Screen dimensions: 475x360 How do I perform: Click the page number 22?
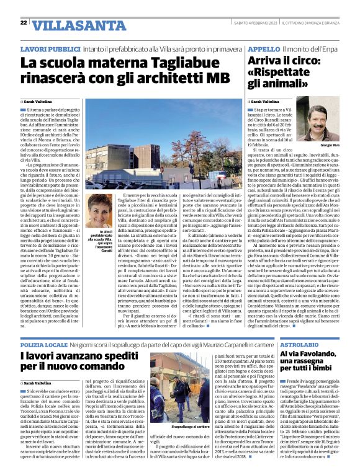[23, 22]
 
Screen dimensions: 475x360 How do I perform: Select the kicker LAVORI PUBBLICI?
[50, 48]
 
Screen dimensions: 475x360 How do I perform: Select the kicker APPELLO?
[263, 48]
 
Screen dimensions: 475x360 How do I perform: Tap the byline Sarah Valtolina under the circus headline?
[267, 101]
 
